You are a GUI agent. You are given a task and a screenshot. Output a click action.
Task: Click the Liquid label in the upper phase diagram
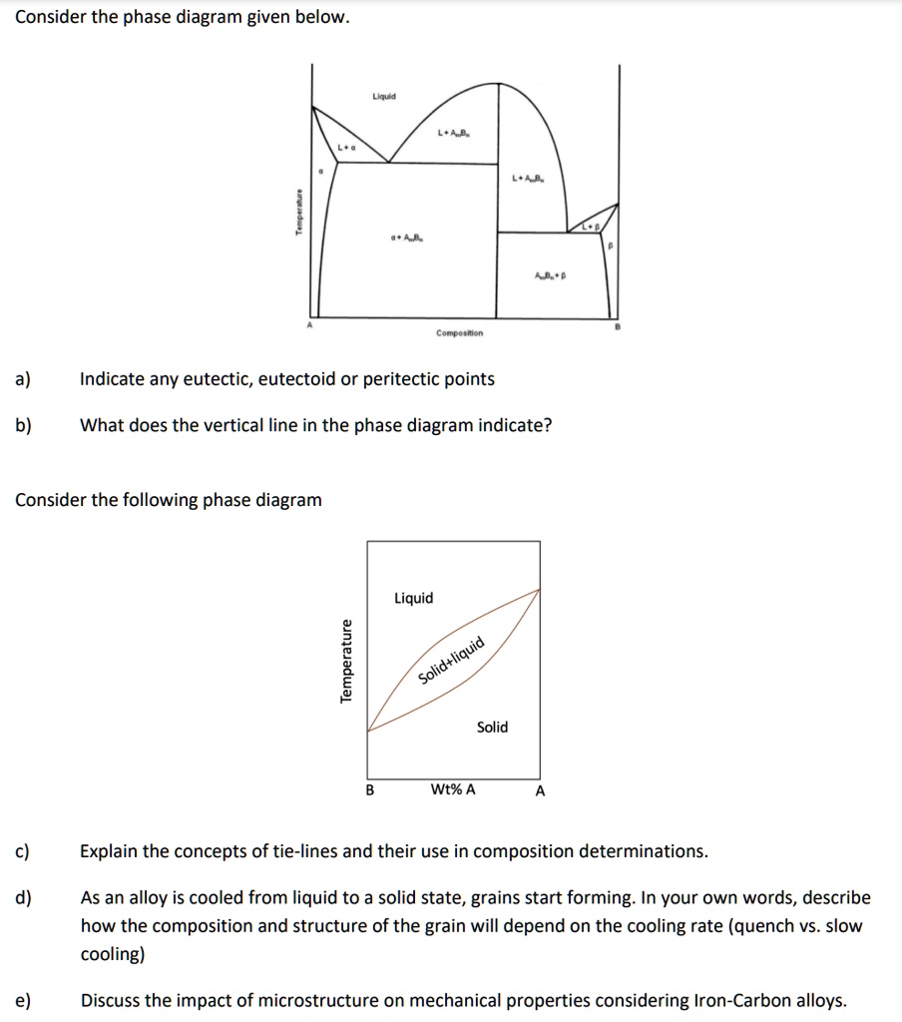[x=384, y=97]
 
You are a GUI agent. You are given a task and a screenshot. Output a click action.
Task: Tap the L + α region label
[x=345, y=148]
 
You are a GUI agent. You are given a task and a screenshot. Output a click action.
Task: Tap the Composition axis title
[x=459, y=333]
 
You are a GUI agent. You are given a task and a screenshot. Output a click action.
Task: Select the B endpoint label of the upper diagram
[x=618, y=325]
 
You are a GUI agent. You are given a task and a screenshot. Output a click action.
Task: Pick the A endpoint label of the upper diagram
[x=309, y=325]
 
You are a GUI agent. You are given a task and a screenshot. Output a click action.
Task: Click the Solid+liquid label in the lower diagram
[x=451, y=660]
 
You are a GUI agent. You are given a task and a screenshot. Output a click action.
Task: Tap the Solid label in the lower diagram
[x=492, y=727]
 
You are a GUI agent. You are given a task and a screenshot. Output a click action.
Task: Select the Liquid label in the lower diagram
[x=414, y=598]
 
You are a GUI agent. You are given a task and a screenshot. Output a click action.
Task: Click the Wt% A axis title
[x=453, y=789]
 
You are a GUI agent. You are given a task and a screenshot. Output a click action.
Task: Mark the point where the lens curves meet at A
[x=540, y=589]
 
